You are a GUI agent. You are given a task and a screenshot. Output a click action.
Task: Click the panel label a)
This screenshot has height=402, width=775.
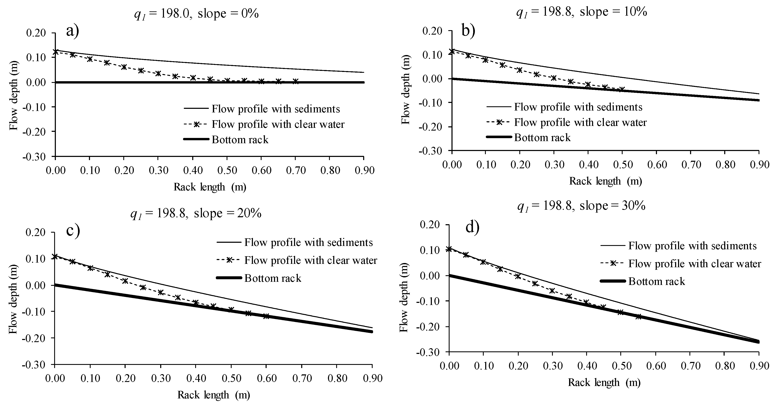[73, 31]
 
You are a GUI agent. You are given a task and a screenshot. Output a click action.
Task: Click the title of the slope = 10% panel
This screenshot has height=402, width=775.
[582, 12]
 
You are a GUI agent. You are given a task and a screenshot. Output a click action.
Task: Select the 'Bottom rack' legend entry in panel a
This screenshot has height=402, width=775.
[240, 140]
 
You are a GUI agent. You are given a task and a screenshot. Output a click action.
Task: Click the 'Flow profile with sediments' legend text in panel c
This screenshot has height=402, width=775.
[308, 242]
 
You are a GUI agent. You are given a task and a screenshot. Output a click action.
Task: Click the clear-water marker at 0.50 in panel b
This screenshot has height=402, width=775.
[622, 89]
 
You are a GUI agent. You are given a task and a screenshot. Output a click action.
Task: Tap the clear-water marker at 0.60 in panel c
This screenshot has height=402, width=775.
[266, 316]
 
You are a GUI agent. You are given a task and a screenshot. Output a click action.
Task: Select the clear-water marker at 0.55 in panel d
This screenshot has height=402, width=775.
[638, 317]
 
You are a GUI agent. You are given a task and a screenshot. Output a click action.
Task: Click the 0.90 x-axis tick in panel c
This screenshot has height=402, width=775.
[372, 378]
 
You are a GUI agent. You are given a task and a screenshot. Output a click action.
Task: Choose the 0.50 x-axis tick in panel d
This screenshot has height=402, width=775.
[621, 366]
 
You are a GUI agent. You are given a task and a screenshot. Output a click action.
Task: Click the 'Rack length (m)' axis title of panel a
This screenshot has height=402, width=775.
[210, 187]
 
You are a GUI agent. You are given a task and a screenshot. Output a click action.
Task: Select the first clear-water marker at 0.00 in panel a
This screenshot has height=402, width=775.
[56, 52]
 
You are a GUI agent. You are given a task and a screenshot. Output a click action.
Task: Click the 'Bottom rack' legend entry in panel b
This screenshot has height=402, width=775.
[542, 138]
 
